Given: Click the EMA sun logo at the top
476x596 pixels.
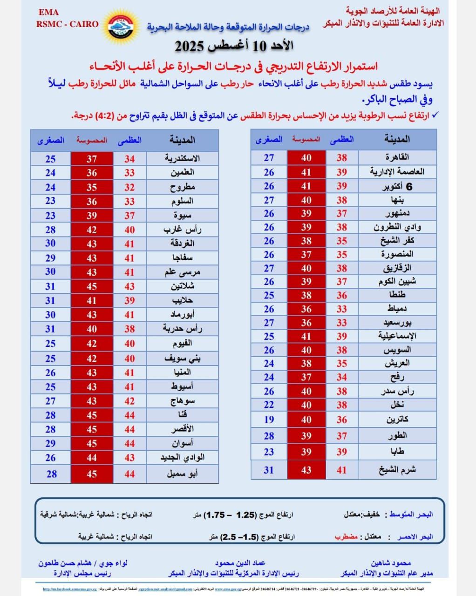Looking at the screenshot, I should click(123, 26).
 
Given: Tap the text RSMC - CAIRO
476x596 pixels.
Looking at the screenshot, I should click(68, 24).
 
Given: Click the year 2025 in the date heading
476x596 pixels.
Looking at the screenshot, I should click(190, 46).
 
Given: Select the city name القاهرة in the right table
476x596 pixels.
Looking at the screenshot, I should click(397, 157).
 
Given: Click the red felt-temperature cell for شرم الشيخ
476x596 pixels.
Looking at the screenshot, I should click(306, 470).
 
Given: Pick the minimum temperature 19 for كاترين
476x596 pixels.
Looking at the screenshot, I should click(269, 419).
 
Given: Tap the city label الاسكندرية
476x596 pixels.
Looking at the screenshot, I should click(182, 158).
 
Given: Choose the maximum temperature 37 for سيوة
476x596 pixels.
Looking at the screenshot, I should click(129, 216).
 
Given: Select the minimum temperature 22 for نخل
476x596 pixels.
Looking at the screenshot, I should click(269, 405).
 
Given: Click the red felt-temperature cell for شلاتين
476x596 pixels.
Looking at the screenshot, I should click(92, 286).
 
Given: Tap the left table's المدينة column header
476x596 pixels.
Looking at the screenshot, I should click(182, 140).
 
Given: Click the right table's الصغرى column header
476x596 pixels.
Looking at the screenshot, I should click(269, 139).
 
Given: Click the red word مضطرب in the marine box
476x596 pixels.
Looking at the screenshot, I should click(346, 536).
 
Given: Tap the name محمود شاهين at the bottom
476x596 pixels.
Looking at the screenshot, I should click(391, 563).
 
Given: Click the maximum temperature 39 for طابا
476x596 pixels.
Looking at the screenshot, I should click(341, 452).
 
